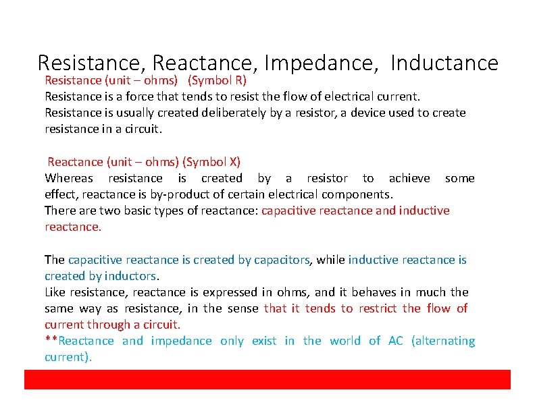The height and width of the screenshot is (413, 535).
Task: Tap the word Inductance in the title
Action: pyautogui.click(x=444, y=63)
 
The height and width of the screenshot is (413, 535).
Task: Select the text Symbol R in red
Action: pyautogui.click(x=217, y=80)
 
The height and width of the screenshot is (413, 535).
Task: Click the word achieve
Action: pyautogui.click(x=409, y=178)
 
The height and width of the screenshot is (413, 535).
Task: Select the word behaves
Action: pyautogui.click(x=378, y=292)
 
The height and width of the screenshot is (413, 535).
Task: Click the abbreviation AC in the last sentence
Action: pyautogui.click(x=395, y=341)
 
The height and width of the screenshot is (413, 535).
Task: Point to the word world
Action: pyautogui.click(x=345, y=341)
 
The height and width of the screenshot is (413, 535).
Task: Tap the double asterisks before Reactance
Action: pyautogui.click(x=49, y=340)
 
